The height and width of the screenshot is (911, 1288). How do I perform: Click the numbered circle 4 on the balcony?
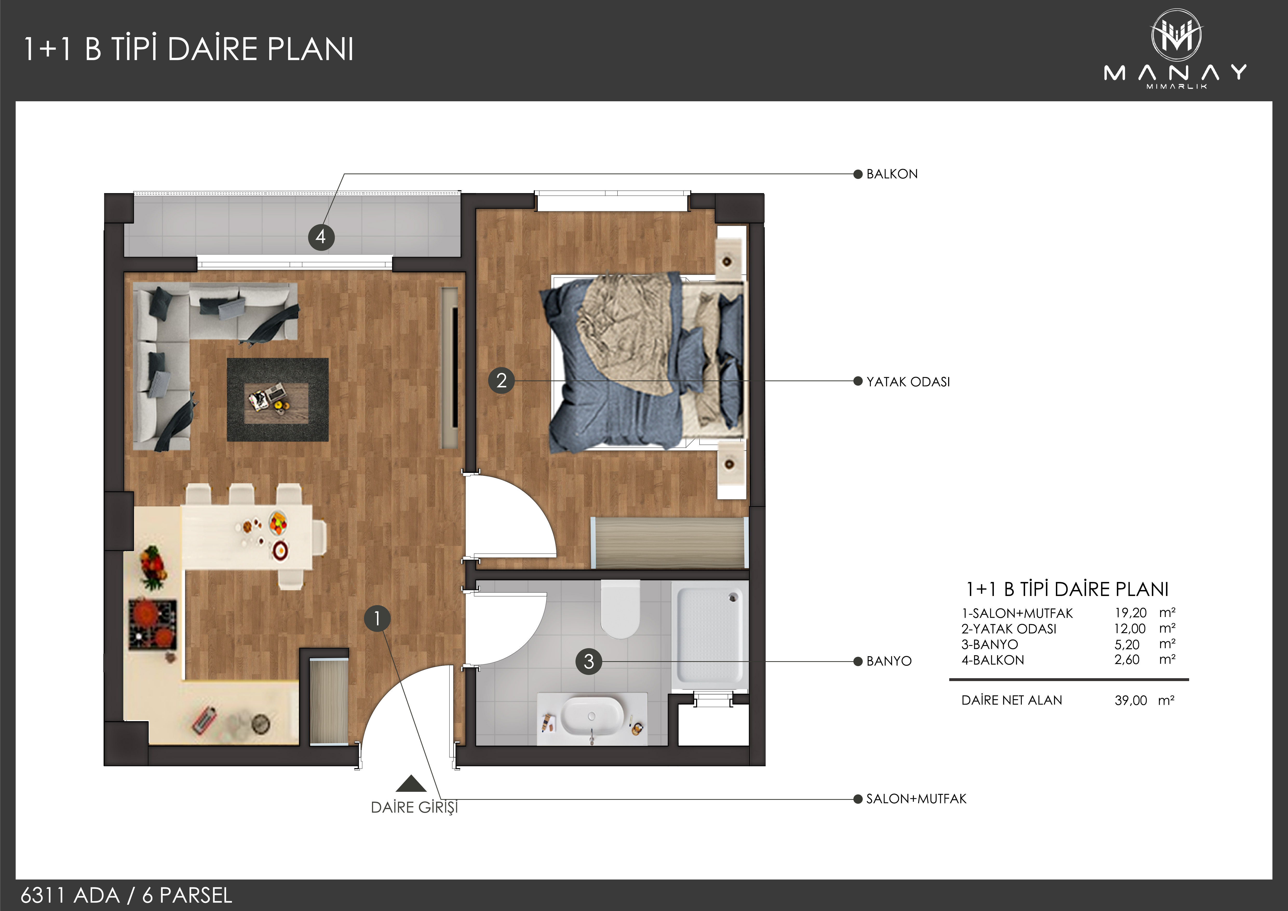[321, 237]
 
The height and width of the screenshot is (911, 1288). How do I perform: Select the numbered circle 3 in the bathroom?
[589, 661]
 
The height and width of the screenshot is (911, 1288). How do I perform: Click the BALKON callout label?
[892, 174]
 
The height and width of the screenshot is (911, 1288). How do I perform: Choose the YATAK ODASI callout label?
[908, 381]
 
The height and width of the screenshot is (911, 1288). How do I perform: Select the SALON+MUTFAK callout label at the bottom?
[916, 799]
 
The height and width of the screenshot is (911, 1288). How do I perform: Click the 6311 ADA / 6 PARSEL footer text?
[126, 895]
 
